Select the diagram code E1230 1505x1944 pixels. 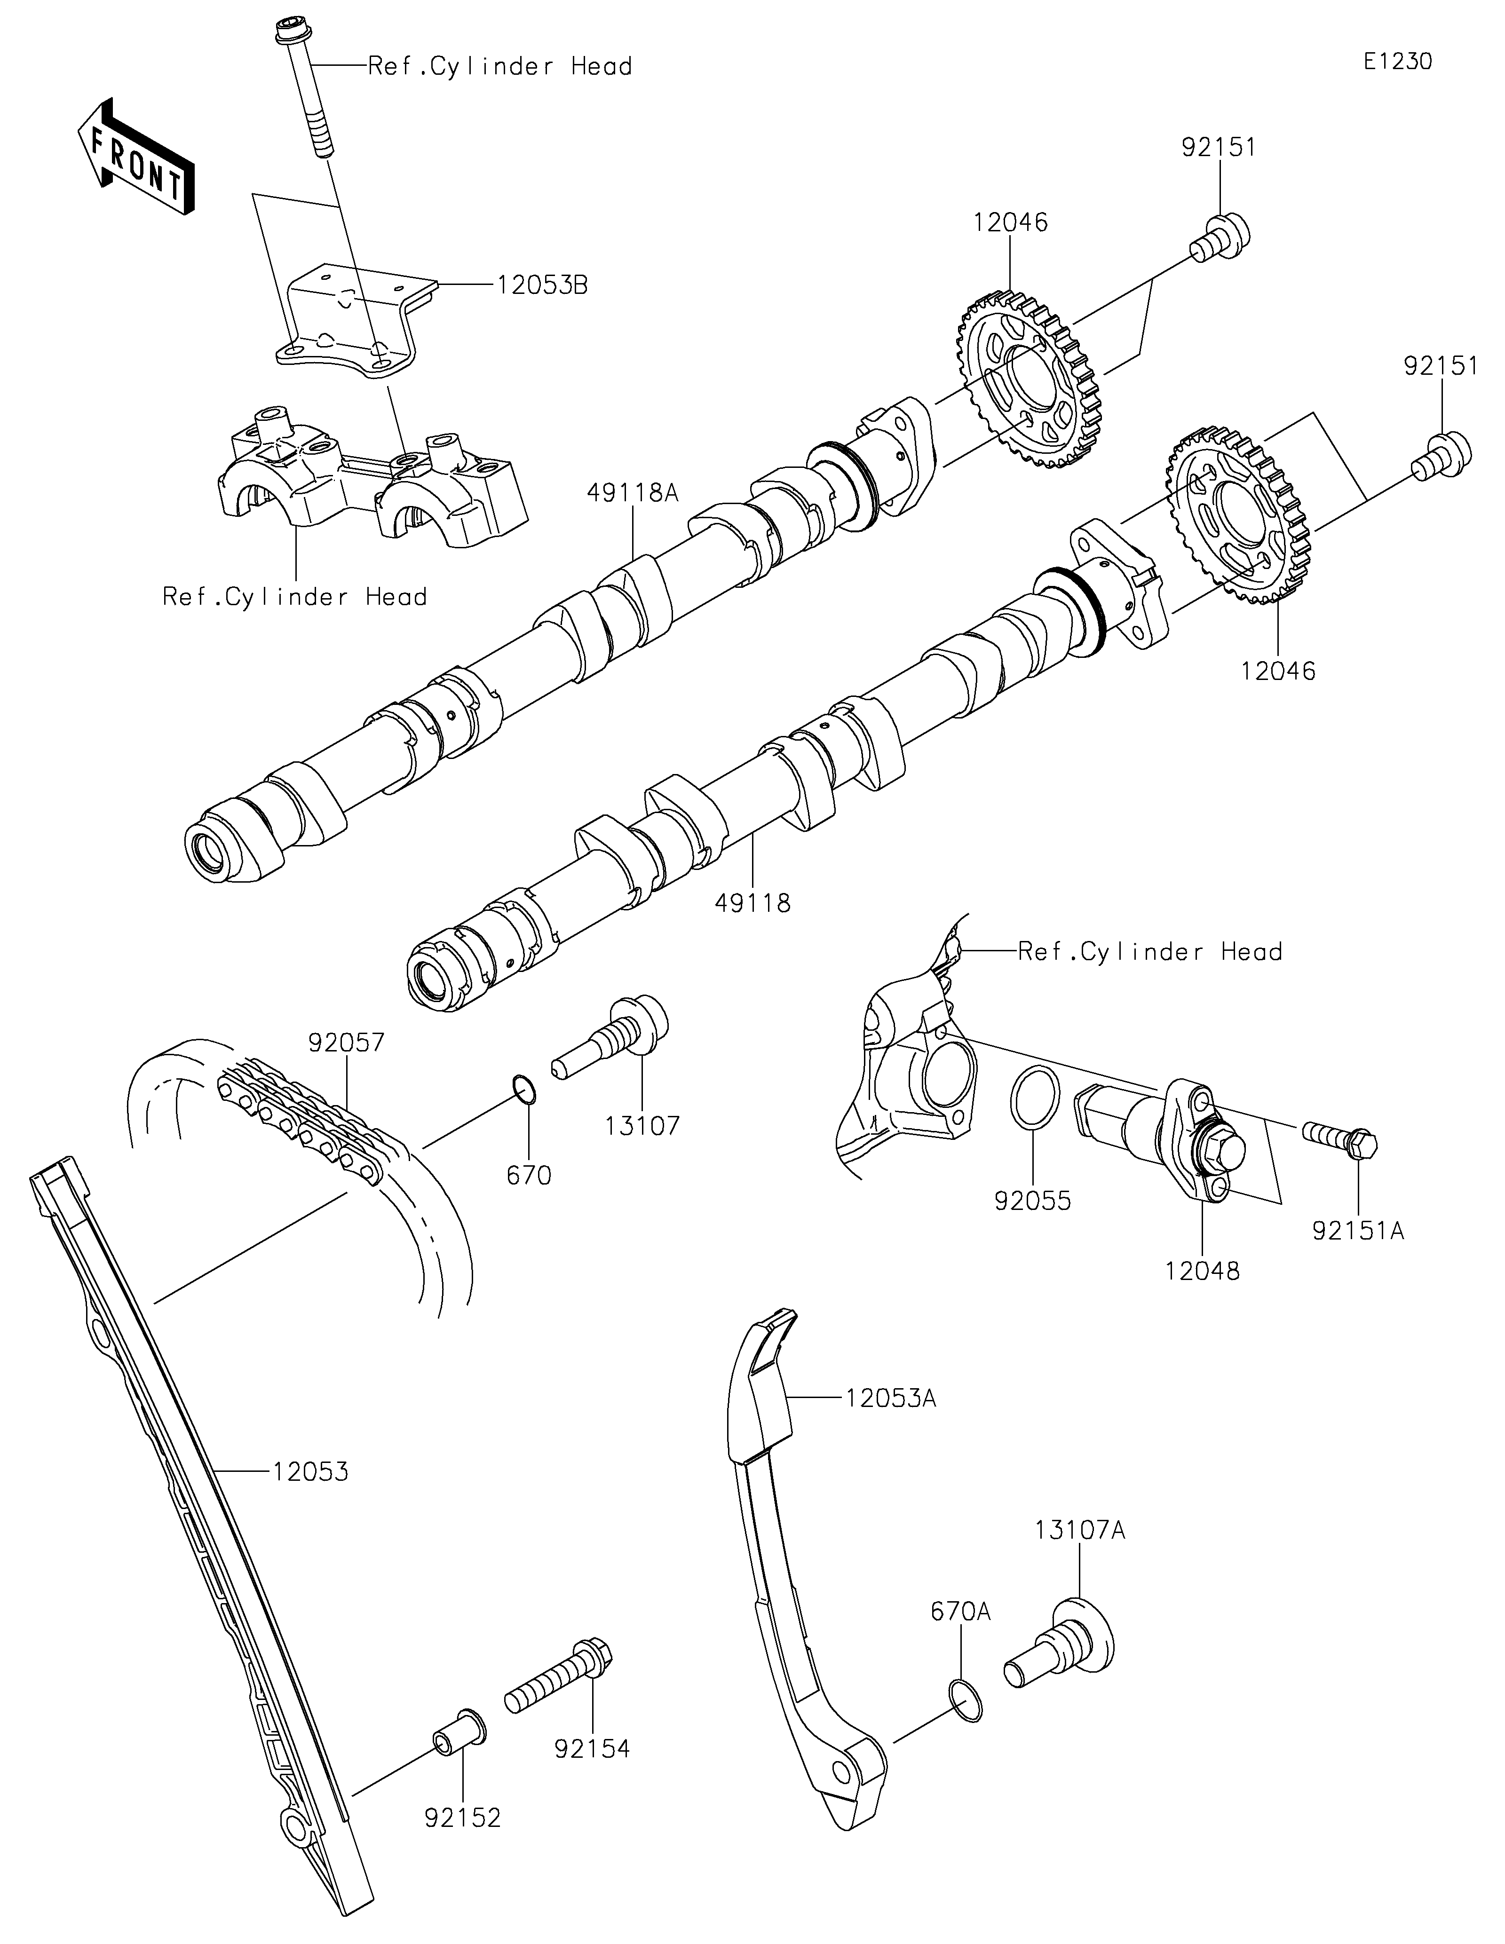tap(1397, 62)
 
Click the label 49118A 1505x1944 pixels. tap(633, 492)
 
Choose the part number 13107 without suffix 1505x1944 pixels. tap(642, 1126)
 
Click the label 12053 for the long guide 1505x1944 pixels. tap(310, 1472)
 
